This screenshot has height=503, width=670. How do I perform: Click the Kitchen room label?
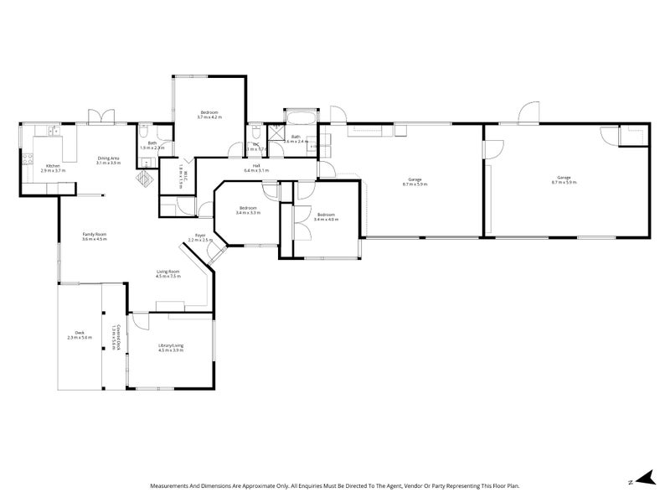click(53, 168)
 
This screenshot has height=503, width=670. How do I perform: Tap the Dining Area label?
click(109, 160)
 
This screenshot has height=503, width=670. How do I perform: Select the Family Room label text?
click(95, 236)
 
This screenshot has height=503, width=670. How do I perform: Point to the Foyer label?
click(200, 237)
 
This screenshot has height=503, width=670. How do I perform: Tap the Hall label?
click(255, 168)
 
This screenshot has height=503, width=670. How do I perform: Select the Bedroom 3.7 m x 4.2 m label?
click(209, 115)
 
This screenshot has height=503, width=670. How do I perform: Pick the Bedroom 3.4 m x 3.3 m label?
click(249, 210)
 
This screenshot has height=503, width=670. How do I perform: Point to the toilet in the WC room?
click(253, 132)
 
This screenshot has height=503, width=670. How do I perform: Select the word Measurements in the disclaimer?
click(173, 485)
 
